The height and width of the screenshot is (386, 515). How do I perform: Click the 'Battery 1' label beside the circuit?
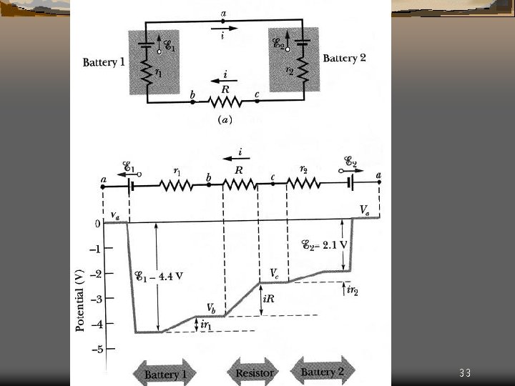tap(104, 62)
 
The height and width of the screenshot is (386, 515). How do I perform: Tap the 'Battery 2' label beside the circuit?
tap(344, 58)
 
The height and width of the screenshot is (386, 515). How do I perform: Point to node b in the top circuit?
tap(193, 102)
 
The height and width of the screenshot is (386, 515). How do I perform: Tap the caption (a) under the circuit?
tap(225, 120)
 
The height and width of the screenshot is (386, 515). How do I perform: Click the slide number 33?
tap(465, 373)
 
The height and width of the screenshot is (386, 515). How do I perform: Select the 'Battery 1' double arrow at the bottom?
tap(166, 374)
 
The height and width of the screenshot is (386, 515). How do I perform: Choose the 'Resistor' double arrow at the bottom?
tap(254, 372)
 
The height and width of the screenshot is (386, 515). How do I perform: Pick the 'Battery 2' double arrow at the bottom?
tap(323, 372)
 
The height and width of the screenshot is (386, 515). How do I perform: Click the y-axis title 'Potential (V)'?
tap(80, 300)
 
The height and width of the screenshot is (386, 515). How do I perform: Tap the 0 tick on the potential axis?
tap(97, 224)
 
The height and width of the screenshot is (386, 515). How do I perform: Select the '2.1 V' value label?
tap(333, 244)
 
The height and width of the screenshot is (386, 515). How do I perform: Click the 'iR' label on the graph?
tap(269, 300)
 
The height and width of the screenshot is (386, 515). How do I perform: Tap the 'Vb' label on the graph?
tap(212, 307)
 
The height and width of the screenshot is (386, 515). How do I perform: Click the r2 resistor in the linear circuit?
tap(305, 184)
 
